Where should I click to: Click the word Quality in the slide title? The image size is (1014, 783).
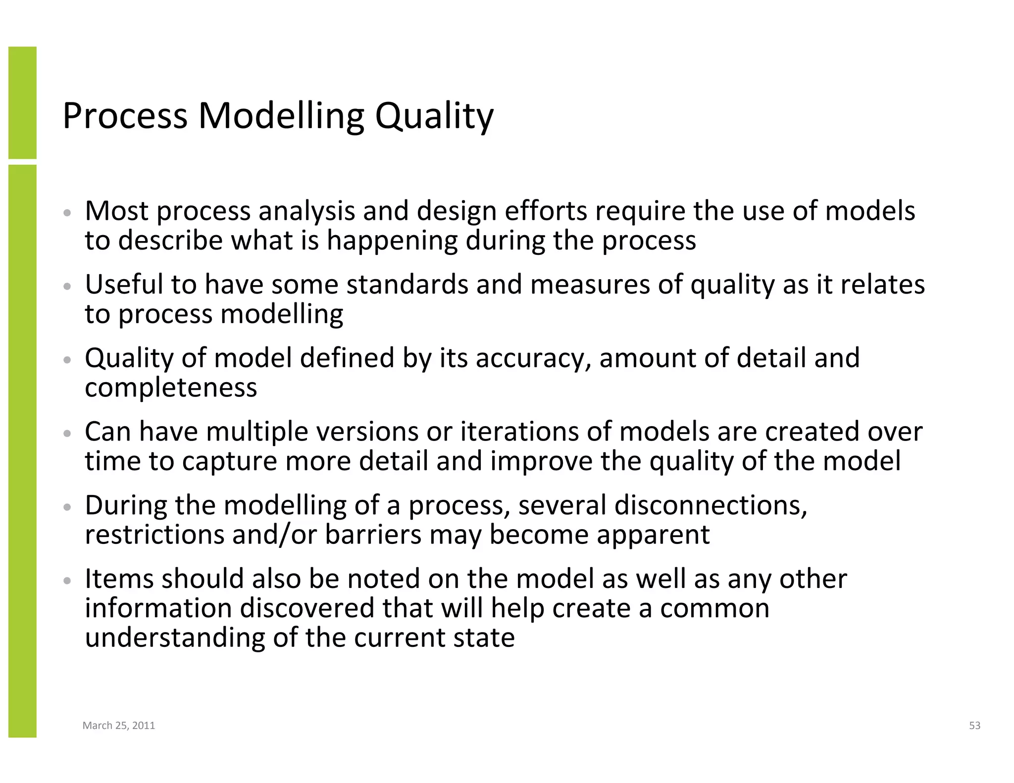coord(434,116)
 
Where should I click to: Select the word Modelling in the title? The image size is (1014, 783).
coord(281,116)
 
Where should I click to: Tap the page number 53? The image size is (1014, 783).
coord(974,725)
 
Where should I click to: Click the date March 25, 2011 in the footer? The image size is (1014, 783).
coord(119,725)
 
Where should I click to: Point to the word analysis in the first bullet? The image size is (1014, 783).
coord(306,211)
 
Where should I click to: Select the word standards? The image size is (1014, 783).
coord(407,285)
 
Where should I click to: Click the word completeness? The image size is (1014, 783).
coord(171,388)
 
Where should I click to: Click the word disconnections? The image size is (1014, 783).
coord(710,505)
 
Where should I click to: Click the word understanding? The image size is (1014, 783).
coord(175,637)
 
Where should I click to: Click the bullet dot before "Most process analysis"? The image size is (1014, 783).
coord(68,213)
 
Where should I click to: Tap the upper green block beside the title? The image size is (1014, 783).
coord(22,102)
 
